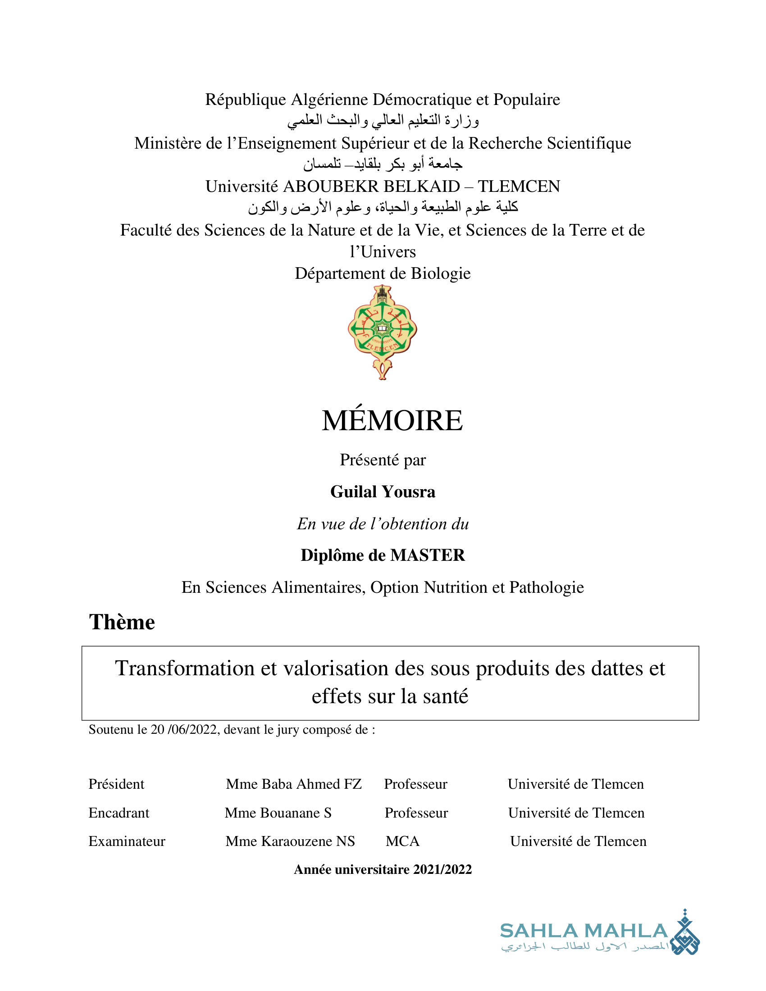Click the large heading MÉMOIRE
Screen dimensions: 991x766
click(392, 421)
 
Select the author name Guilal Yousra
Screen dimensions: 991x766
click(383, 492)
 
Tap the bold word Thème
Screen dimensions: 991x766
click(122, 622)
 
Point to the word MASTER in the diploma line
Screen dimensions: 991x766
click(428, 555)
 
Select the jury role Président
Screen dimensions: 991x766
click(116, 784)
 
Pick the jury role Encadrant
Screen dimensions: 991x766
click(119, 813)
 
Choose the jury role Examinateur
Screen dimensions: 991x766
click(127, 841)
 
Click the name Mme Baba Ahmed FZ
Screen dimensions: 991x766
click(294, 784)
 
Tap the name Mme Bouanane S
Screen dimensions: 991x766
click(278, 813)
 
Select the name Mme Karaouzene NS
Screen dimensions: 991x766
click(290, 841)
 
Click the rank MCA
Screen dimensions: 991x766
click(402, 841)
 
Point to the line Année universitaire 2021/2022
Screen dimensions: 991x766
click(383, 869)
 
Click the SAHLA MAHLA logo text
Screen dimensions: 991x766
click(584, 931)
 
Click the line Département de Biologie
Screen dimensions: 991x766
click(383, 273)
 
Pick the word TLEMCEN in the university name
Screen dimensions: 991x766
click(519, 186)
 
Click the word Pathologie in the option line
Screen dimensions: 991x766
click(547, 587)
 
